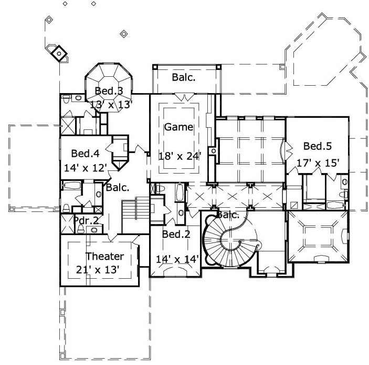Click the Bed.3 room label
[x=108, y=91]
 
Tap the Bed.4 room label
[x=85, y=154]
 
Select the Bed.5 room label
[x=317, y=146]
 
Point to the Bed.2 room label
[x=176, y=234]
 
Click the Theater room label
[x=104, y=256]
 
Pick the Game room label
[x=178, y=127]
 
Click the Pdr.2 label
[x=86, y=220]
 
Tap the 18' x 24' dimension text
[x=180, y=156]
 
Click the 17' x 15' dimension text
[x=318, y=163]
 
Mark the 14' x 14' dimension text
[x=176, y=259]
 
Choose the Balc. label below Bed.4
[x=118, y=187]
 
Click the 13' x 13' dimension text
[x=110, y=104]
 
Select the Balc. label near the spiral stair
[x=228, y=215]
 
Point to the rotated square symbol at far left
[x=59, y=53]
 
